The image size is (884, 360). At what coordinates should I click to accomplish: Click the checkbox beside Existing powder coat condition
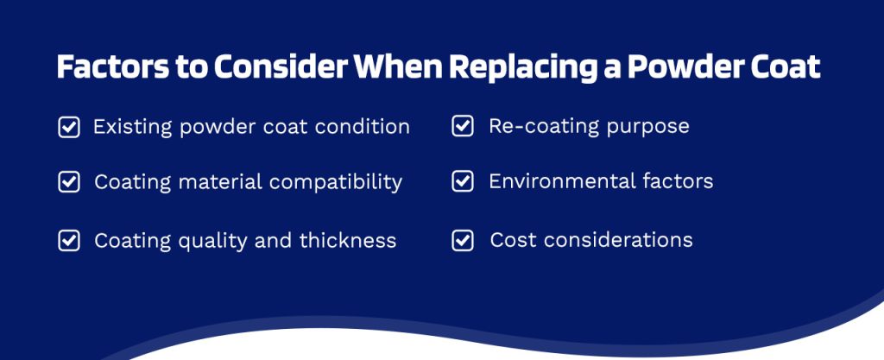[x=69, y=127]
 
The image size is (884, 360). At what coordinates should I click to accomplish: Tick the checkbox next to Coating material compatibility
[x=69, y=182]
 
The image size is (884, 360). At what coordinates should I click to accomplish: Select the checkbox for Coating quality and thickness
[x=69, y=241]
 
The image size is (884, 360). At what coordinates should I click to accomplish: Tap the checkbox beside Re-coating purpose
[x=463, y=126]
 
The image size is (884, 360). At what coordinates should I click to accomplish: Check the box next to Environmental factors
[x=463, y=181]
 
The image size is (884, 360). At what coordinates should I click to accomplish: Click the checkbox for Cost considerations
[x=463, y=241]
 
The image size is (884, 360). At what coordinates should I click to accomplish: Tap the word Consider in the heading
[x=281, y=67]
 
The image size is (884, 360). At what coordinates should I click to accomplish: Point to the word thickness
[x=348, y=241]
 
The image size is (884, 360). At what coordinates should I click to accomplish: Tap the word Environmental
[x=562, y=181]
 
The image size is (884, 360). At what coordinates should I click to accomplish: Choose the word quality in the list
[x=213, y=242]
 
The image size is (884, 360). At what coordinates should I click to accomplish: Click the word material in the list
[x=220, y=182]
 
